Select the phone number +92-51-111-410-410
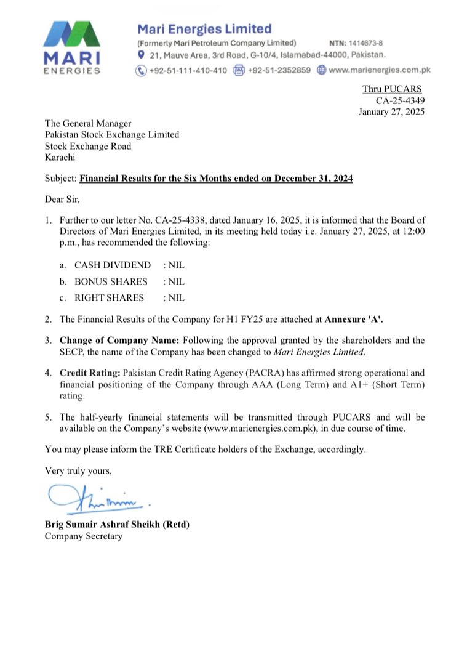pos(188,70)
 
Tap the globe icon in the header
pos(321,70)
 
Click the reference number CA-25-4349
pos(401,100)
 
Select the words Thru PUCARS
pos(393,89)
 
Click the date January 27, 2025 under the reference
pos(392,111)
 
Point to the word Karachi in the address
pos(60,157)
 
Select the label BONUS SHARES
pos(111,281)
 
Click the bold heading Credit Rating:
pos(90,373)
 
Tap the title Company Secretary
pos(84,536)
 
